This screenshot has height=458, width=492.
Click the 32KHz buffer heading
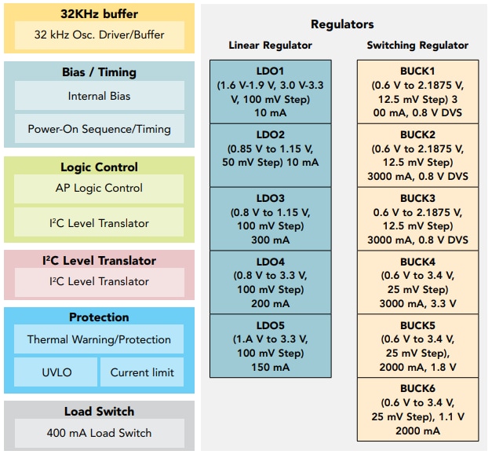pos(99,14)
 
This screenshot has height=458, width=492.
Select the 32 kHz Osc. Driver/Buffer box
pos(99,35)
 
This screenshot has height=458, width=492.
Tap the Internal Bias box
pos(99,96)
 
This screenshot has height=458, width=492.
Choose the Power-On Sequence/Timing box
pos(99,129)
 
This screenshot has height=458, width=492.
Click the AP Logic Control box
pos(99,189)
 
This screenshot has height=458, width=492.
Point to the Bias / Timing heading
pos(99,72)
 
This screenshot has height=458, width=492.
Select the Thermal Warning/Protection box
pos(99,339)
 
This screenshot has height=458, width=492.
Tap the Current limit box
pos(142,372)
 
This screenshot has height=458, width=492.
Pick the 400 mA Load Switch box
pos(99,433)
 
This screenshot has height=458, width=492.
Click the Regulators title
pos(342,24)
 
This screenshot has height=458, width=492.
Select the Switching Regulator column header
pos(417,46)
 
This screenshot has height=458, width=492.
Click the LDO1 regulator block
pos(270,91)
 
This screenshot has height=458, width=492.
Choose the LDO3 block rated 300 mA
pos(270,218)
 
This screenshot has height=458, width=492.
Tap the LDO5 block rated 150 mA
pos(270,346)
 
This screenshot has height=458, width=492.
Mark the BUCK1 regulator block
pos(417,91)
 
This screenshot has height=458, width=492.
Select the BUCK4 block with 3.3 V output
pos(417,282)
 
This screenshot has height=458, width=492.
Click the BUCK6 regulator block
pos(417,409)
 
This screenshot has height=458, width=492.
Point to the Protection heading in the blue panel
pos(99,317)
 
